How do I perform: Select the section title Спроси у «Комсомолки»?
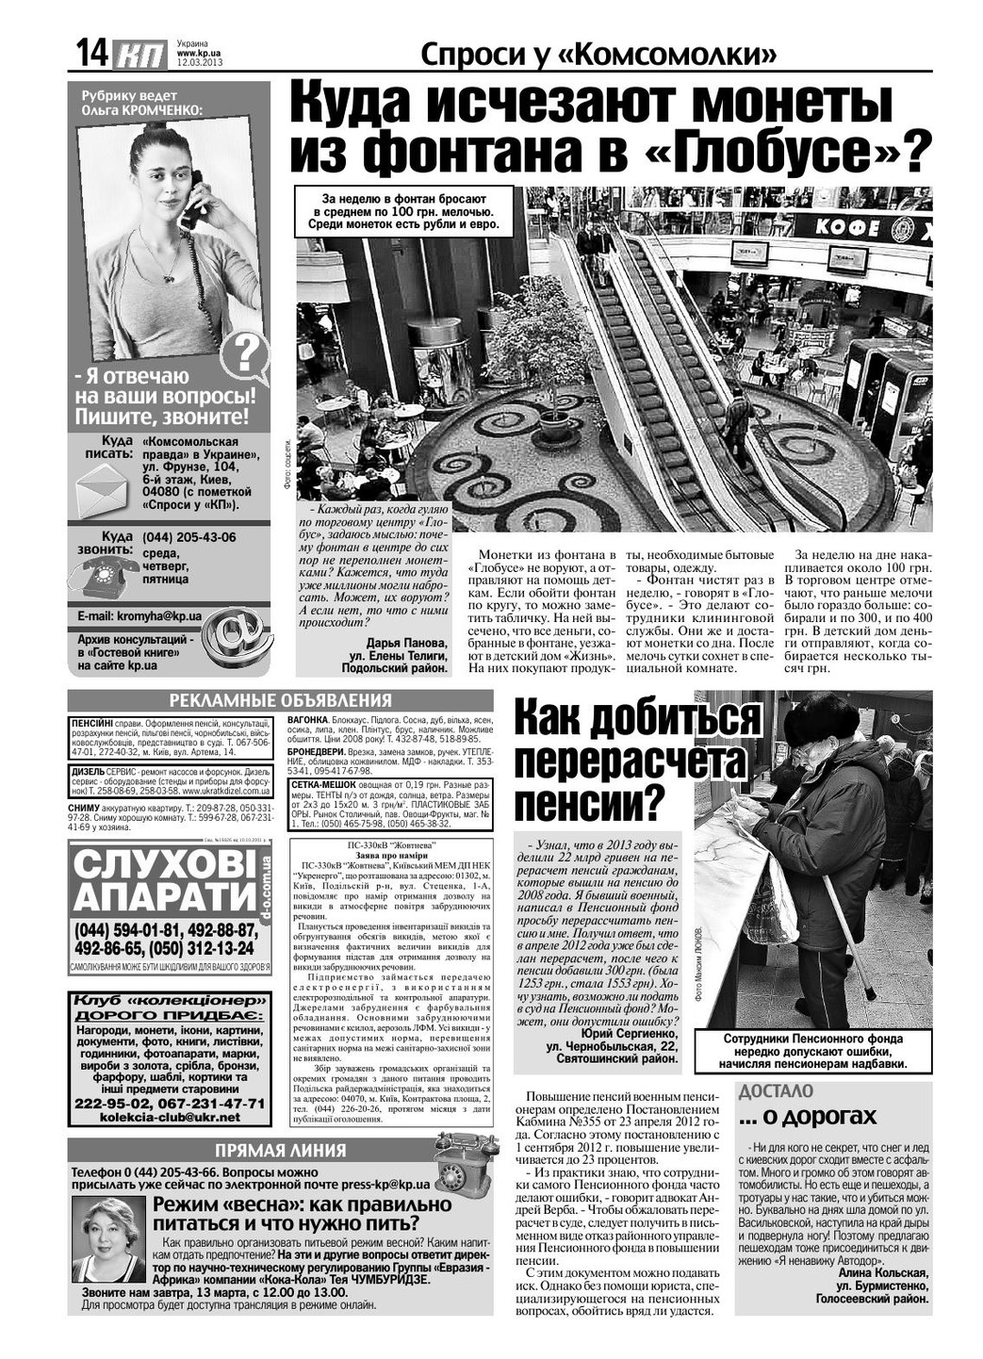click(x=599, y=55)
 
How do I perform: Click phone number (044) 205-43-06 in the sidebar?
click(x=189, y=537)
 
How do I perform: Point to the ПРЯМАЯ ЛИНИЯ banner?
click(x=280, y=1150)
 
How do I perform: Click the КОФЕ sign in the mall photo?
click(x=846, y=226)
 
